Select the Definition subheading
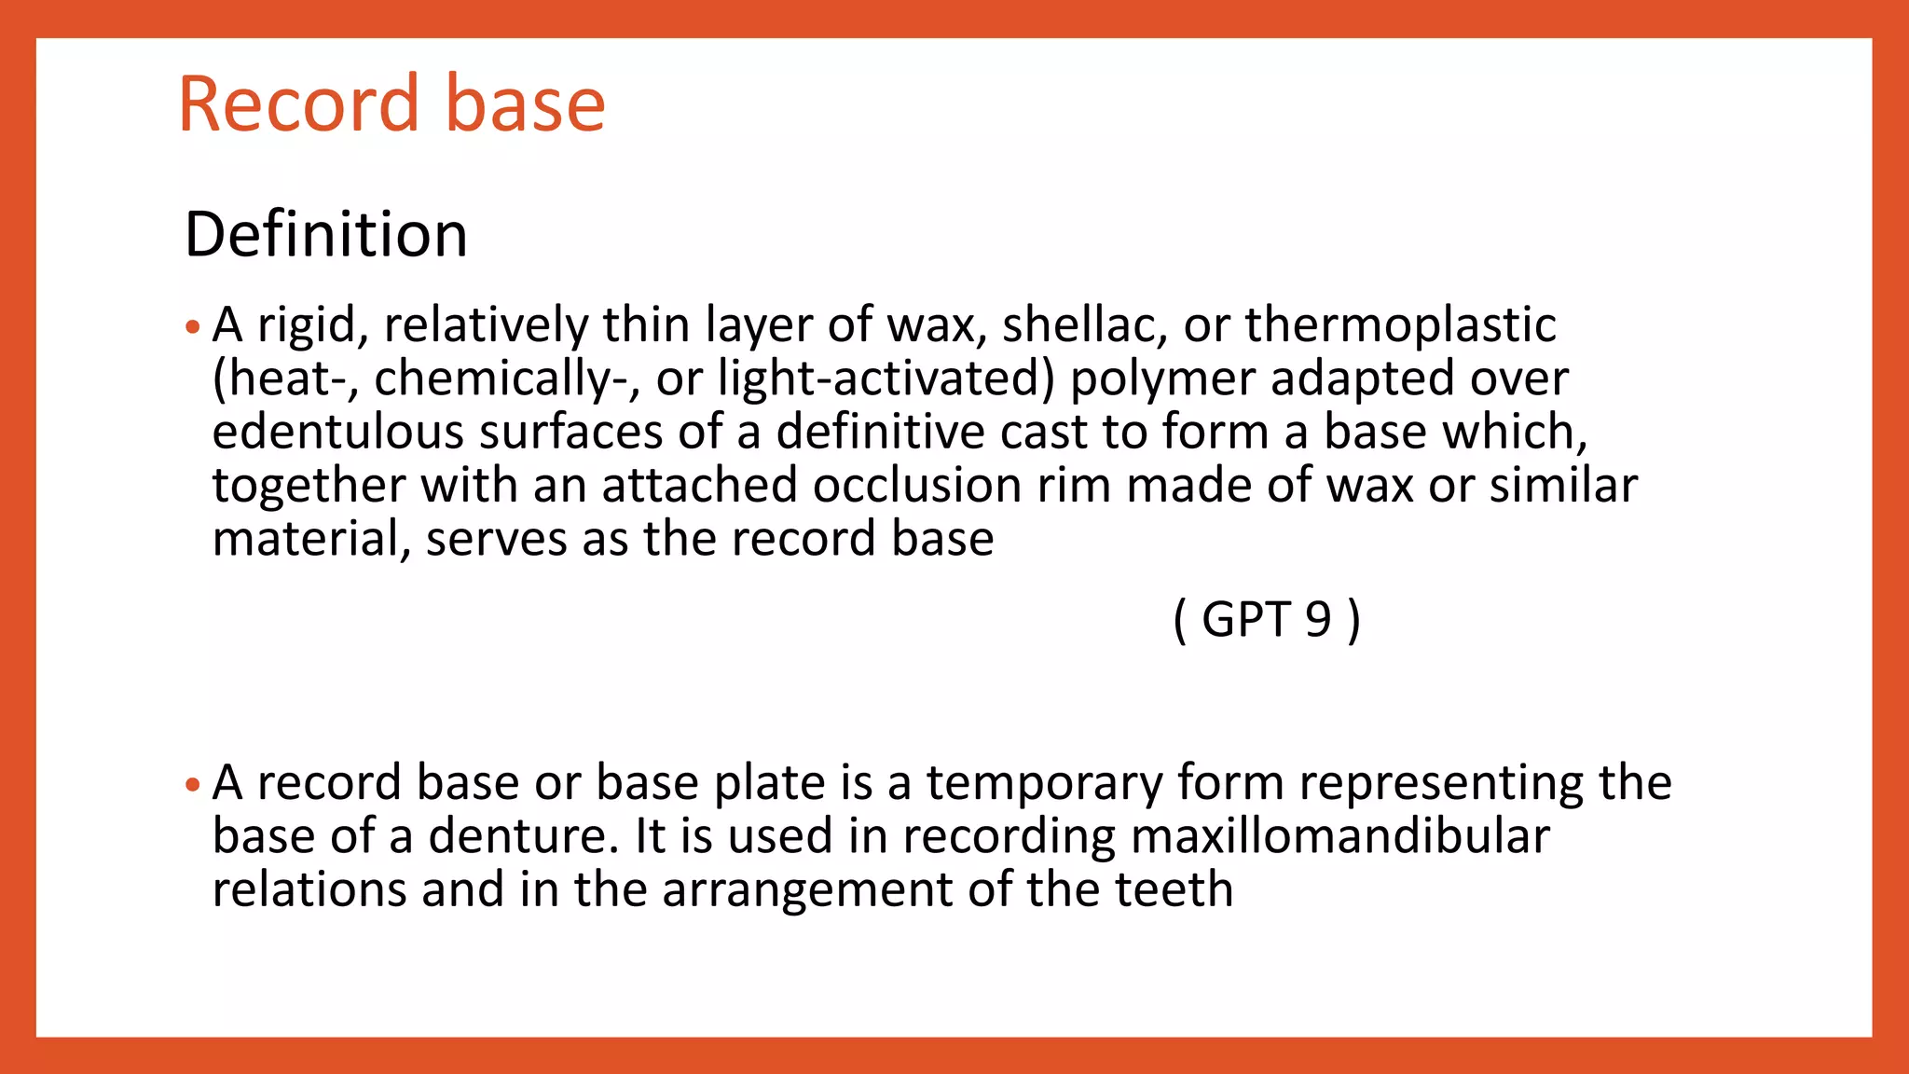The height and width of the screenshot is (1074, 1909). point(326,234)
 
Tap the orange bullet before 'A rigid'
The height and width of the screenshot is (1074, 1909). point(193,327)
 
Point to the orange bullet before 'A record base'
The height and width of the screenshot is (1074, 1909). point(193,785)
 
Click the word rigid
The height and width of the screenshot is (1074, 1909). point(309,325)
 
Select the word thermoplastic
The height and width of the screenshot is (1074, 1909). point(1400,325)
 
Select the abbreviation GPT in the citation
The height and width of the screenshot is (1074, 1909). point(1245,620)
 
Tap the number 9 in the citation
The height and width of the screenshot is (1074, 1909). point(1318,620)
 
